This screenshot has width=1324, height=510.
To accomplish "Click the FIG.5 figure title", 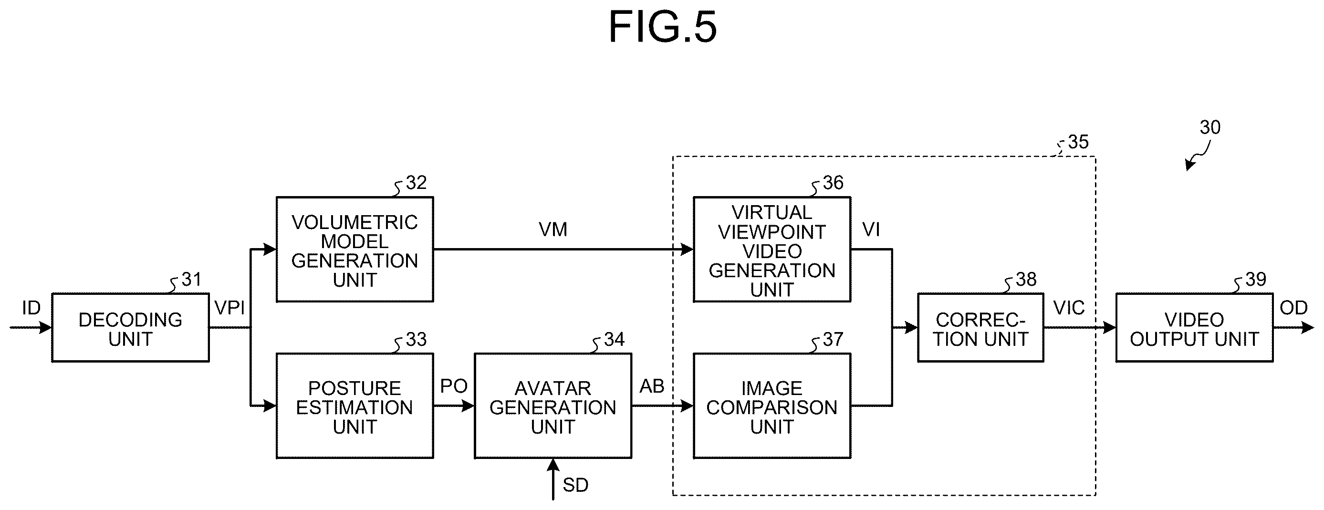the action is (663, 27).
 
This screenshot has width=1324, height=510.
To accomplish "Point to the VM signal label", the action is (553, 229).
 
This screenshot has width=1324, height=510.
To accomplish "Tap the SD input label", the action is (576, 485).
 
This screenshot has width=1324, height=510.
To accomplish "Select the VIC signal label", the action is (1069, 308).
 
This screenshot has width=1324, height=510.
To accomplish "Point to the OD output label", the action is (1293, 308).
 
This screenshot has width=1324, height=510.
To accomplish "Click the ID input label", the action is (31, 308).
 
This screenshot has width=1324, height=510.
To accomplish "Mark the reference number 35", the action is (1078, 142).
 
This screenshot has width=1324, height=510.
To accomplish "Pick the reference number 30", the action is (1210, 127).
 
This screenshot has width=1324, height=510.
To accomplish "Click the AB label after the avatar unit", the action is (652, 386).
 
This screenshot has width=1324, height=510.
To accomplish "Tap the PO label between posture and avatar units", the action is (454, 386).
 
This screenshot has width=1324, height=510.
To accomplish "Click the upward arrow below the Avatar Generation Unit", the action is (553, 479).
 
